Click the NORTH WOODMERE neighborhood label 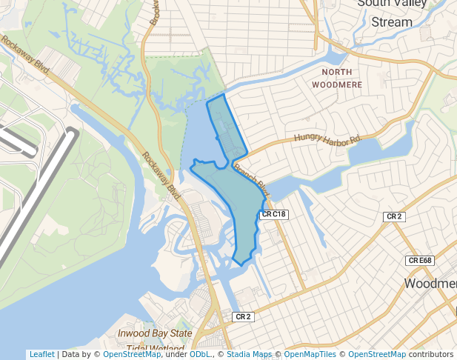(x=341, y=78)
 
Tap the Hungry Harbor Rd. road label (x=327, y=138)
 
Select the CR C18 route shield (x=273, y=214)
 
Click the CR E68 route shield (x=419, y=260)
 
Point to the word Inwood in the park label (x=133, y=334)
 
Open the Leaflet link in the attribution (x=41, y=355)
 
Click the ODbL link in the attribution (x=200, y=355)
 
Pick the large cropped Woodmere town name (x=430, y=284)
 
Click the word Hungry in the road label (x=306, y=138)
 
